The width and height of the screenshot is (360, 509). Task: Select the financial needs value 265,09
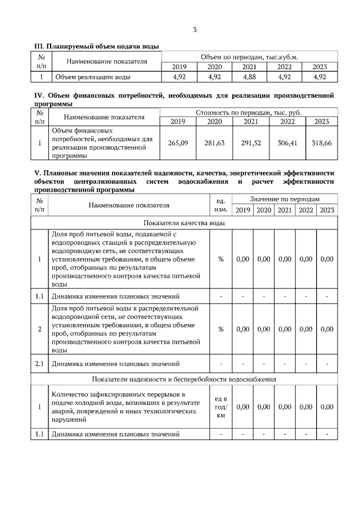(178, 143)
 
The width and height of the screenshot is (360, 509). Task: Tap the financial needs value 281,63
(214, 143)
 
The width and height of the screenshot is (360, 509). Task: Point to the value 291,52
(251, 143)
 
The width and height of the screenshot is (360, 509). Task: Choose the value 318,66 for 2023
(321, 143)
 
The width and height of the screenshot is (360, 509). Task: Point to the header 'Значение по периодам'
(285, 199)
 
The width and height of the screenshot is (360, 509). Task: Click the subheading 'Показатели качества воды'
(184, 223)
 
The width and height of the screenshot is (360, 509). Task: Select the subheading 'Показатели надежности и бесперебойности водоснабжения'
(184, 379)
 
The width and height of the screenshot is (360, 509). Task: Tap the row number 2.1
(39, 363)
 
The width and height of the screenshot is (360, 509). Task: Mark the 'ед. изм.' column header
(221, 205)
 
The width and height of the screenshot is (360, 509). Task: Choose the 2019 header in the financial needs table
(178, 121)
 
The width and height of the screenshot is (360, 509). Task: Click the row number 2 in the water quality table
(39, 329)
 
